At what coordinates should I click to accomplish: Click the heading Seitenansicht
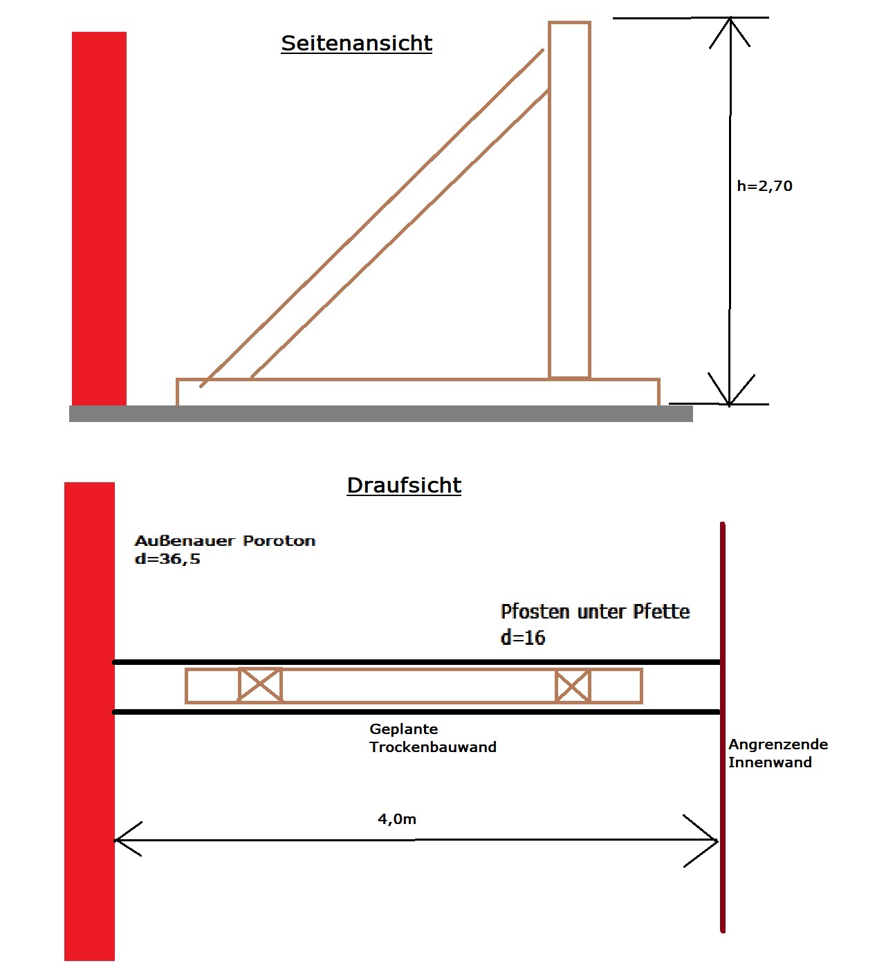(x=356, y=44)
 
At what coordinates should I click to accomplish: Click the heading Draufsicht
(x=404, y=485)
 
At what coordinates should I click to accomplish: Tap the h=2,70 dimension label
(x=764, y=186)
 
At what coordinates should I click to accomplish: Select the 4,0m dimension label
(x=397, y=818)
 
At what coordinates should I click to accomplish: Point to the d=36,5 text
(x=167, y=559)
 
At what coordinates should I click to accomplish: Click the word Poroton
(x=279, y=541)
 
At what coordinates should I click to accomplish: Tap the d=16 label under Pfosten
(x=523, y=637)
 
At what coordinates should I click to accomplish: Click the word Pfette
(x=661, y=612)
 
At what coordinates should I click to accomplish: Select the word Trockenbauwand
(x=433, y=747)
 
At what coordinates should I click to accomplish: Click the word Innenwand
(x=770, y=762)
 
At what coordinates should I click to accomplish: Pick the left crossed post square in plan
(x=260, y=685)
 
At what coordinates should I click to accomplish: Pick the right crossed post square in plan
(x=573, y=686)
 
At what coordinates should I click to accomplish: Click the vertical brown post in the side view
(x=569, y=200)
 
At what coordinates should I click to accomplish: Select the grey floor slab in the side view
(x=380, y=413)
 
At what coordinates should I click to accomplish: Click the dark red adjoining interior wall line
(x=723, y=727)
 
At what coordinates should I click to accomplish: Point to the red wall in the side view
(x=99, y=219)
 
